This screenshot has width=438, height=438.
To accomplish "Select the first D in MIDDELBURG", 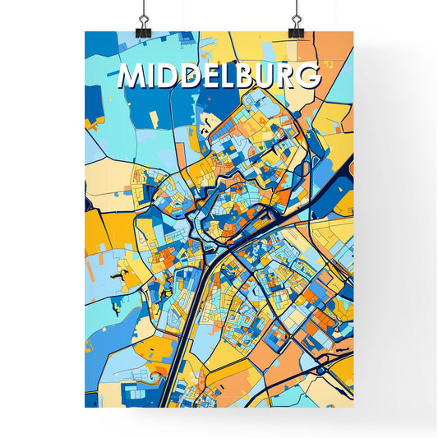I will tap(166, 76).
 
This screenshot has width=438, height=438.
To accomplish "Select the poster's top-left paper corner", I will tap(85, 31).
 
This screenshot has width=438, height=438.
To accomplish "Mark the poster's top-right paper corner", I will tap(354, 31).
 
